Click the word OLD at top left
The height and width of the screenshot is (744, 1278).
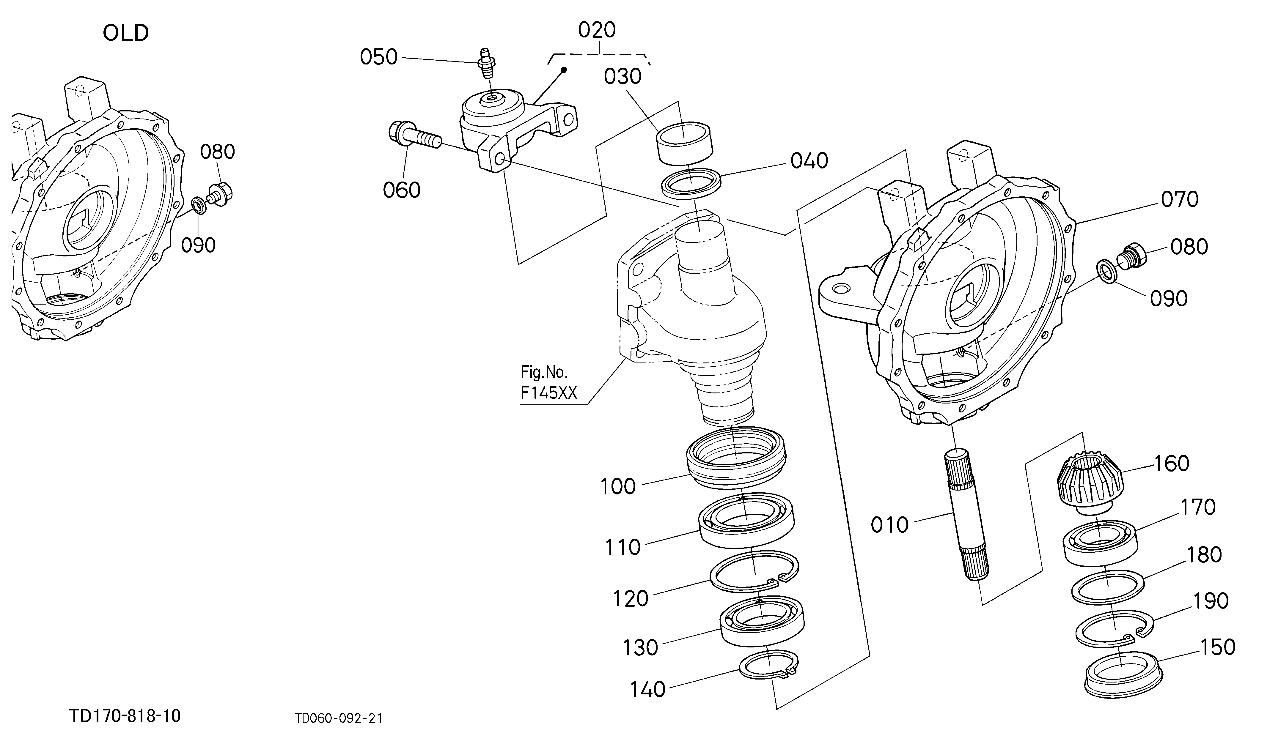[x=126, y=34]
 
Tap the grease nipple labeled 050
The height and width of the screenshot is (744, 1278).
[x=486, y=63]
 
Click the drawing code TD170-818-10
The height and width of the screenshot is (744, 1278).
[x=125, y=716]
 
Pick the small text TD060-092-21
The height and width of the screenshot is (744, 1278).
[x=339, y=718]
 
